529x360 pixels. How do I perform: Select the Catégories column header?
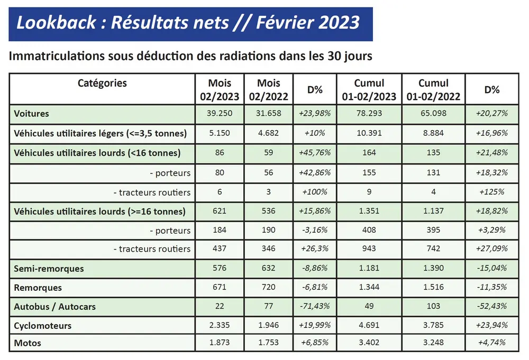coord(102,83)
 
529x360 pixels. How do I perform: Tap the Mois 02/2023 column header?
coord(220,90)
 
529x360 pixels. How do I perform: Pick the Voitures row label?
coord(32,114)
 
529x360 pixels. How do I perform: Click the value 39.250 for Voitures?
coord(220,114)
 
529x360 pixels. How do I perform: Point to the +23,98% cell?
coord(315,114)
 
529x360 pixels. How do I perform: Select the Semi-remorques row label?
coord(49,269)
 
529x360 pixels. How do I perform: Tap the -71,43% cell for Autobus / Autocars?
coord(315,307)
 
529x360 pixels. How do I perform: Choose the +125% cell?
coord(492,192)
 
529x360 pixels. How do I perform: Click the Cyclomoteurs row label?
coord(43,326)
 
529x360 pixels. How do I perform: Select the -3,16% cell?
coord(315,230)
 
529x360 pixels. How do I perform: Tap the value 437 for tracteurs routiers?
coord(220,249)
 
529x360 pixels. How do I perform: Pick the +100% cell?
coord(315,192)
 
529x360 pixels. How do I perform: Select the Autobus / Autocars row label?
coord(55,307)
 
